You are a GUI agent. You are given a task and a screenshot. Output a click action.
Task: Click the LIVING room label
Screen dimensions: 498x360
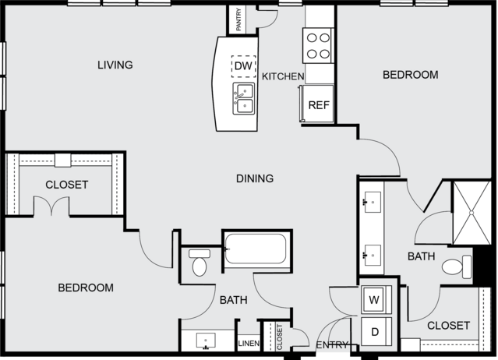[115, 65]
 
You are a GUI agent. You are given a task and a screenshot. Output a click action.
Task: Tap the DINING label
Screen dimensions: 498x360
[255, 178]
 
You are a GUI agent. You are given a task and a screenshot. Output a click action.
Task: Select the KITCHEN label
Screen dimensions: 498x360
[283, 76]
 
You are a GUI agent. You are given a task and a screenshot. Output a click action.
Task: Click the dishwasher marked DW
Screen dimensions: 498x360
[244, 66]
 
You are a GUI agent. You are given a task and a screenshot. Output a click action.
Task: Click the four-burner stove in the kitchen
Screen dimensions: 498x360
[318, 46]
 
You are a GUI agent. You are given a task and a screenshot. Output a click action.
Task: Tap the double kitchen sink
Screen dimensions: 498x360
[244, 99]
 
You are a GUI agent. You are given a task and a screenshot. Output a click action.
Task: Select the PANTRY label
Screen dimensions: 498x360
[238, 19]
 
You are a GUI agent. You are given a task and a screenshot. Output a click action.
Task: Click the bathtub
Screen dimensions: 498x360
[256, 249]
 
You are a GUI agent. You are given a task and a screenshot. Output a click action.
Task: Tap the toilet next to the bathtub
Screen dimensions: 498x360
[200, 263]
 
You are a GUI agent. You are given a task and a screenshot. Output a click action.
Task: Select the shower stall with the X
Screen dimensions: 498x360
[472, 213]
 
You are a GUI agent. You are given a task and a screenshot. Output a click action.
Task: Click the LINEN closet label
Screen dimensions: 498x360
[249, 343]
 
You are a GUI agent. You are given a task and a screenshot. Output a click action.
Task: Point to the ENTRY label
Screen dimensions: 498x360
[332, 344]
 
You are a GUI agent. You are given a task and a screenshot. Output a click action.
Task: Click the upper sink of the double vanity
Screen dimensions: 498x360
[373, 202]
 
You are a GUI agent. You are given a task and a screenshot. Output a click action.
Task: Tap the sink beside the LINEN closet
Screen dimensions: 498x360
[206, 341]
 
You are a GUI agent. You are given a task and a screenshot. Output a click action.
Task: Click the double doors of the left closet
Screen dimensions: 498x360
[51, 206]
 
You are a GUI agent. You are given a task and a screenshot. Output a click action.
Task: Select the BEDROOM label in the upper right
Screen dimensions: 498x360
[411, 75]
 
